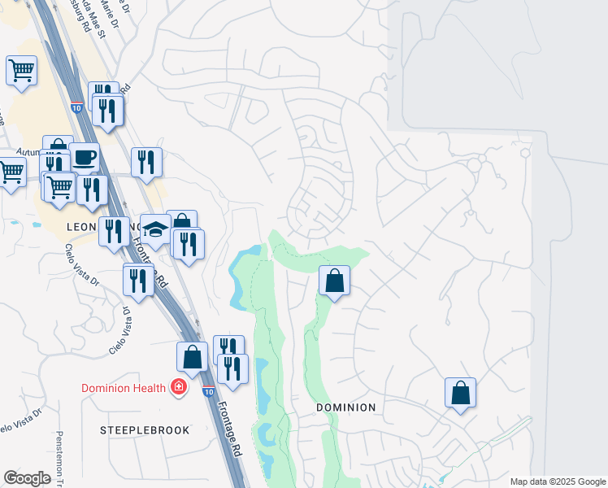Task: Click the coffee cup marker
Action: (84, 157)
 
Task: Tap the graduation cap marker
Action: (154, 230)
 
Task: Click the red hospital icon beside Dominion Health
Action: (177, 388)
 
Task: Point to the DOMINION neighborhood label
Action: (345, 407)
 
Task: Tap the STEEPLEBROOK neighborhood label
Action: (145, 429)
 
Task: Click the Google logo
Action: (27, 478)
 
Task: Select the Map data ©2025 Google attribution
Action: (557, 481)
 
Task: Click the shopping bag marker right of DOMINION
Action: (460, 393)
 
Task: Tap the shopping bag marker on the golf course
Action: (334, 281)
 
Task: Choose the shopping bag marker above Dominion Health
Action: (192, 356)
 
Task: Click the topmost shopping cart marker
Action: (21, 70)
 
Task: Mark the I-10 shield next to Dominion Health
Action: (208, 392)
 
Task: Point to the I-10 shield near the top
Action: (76, 107)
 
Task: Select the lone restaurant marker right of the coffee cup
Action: (146, 162)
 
